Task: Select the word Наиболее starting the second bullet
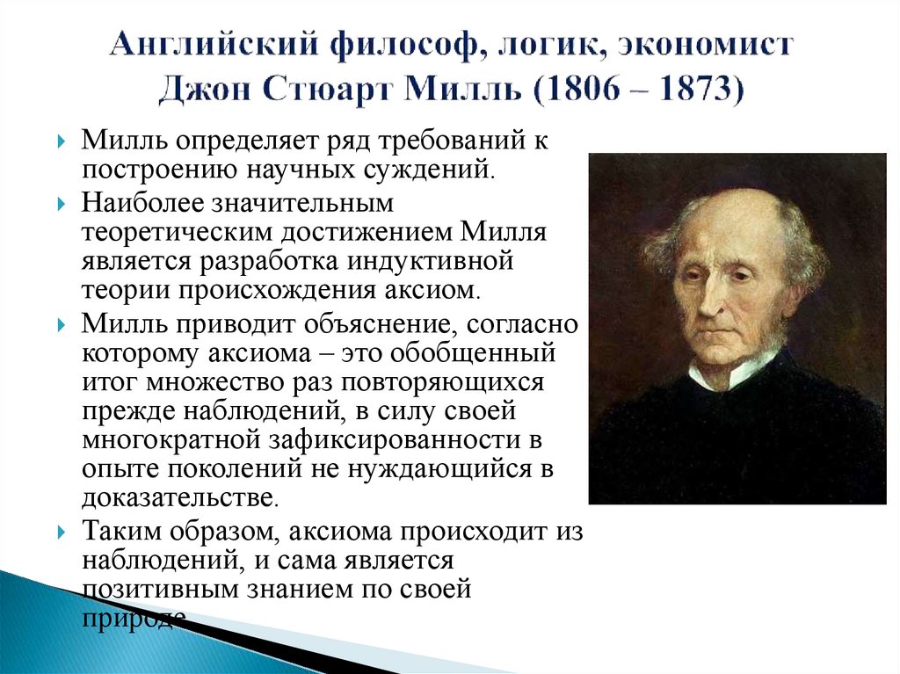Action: pos(141,203)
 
